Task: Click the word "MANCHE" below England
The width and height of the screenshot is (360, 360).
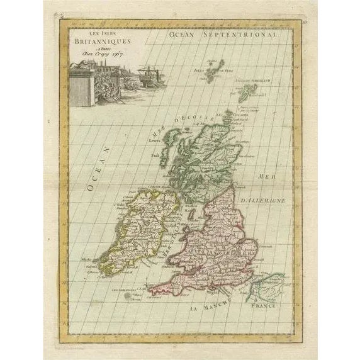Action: pyautogui.click(x=215, y=305)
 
